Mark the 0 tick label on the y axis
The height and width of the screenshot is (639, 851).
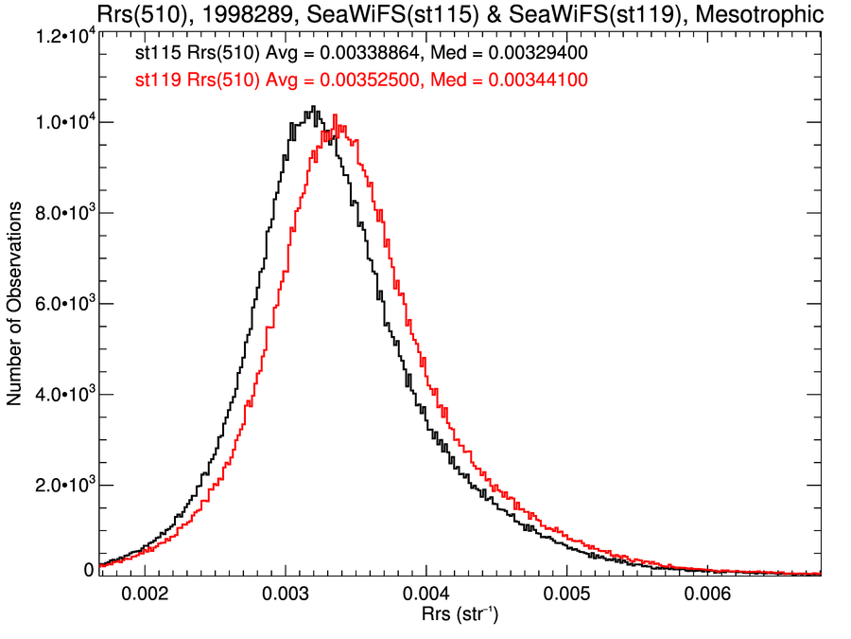click(x=89, y=570)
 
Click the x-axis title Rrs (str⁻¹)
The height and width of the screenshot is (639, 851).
click(x=460, y=617)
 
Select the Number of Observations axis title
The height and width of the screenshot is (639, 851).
click(x=15, y=305)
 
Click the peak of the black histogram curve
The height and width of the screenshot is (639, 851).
click(x=313, y=107)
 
